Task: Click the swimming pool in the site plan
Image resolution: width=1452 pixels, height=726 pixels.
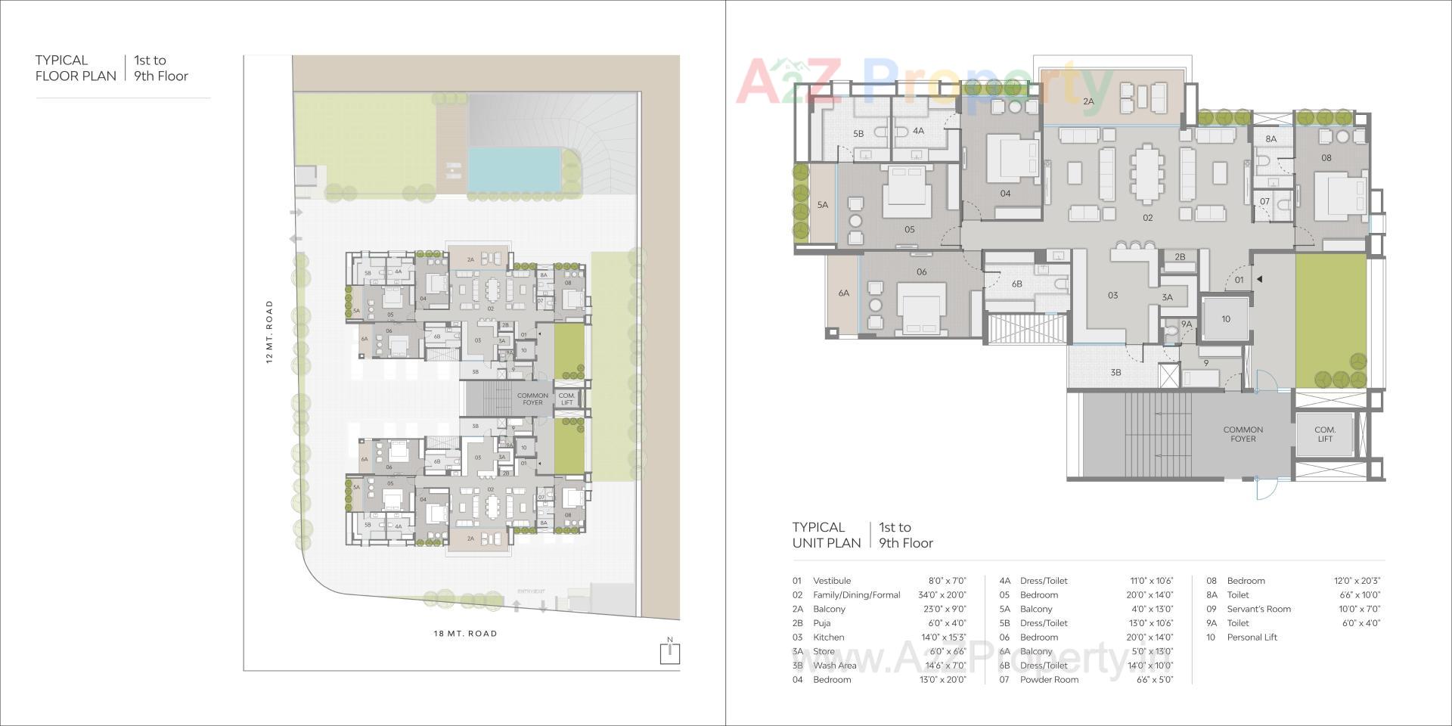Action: tap(514, 169)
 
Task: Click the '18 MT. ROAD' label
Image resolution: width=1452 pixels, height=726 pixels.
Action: tap(466, 634)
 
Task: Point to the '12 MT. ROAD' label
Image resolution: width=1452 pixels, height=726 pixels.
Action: tap(269, 332)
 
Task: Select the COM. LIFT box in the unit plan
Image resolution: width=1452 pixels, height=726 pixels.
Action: tap(1324, 434)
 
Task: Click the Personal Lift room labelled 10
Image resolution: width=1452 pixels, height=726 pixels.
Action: tap(1225, 319)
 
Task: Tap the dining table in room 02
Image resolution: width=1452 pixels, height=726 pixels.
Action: tap(1147, 174)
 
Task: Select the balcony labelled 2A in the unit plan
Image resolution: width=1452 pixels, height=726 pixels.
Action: tap(1088, 101)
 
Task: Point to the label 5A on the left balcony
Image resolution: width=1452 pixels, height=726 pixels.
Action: tap(822, 205)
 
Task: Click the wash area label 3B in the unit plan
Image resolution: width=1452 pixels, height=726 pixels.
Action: tap(1115, 372)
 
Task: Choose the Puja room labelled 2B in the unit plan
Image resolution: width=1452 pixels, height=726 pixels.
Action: tap(1180, 257)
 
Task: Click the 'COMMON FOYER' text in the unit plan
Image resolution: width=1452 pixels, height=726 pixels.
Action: tap(1243, 434)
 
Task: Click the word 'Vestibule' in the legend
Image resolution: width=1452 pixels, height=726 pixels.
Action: tap(831, 581)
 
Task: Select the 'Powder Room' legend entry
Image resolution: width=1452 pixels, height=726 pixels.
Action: tap(1049, 680)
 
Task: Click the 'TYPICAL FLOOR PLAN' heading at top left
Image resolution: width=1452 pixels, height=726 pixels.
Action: tap(76, 68)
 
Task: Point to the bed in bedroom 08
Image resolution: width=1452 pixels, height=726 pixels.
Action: tap(1339, 193)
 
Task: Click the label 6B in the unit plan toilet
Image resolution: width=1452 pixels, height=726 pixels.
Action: tap(1016, 284)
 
